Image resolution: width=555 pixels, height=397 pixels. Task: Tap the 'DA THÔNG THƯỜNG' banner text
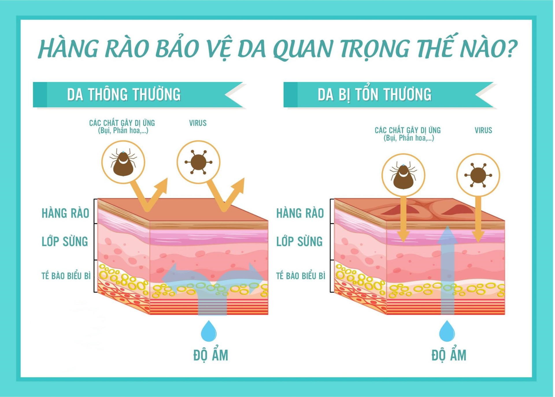pos(124,94)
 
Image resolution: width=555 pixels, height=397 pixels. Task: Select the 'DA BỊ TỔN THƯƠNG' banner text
pos(374,94)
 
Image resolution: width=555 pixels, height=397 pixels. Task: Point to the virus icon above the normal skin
pos(198,162)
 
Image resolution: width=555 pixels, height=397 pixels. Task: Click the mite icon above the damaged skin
pos(403,175)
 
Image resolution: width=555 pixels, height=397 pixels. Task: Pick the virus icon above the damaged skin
pos(478,175)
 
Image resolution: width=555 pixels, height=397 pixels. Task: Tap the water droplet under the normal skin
pos(209,331)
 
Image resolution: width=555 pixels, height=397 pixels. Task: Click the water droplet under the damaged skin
pos(447,331)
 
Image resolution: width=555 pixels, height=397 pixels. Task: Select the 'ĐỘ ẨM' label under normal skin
pos(211,355)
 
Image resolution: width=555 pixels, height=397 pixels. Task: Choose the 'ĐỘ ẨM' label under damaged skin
pos(449,355)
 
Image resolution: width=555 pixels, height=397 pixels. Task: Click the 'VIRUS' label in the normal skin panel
pos(198,123)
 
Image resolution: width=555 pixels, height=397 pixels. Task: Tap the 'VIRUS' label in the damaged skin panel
pos(483,130)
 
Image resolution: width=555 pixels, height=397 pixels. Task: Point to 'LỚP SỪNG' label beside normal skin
pos(65,241)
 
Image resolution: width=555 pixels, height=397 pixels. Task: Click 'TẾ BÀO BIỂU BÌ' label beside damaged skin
pos(301,276)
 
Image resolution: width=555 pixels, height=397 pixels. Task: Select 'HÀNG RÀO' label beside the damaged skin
pos(300,213)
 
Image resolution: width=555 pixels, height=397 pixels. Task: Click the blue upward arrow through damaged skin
pos(447,270)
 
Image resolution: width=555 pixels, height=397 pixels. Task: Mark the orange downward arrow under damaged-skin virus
pos(478,220)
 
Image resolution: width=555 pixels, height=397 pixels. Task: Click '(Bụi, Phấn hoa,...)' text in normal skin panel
pos(123,131)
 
